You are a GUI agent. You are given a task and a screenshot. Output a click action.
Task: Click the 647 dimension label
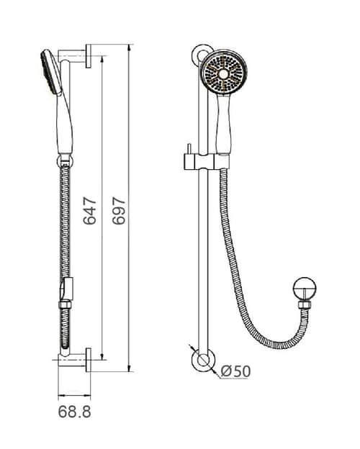pos(90,211)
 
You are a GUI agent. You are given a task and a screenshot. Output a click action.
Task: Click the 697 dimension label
pos(119,211)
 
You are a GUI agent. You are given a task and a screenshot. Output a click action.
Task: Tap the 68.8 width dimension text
pos(75,412)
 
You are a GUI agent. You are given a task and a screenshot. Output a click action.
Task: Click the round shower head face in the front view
pos(224,72)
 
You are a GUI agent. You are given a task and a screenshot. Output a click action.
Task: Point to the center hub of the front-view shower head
pos(224,74)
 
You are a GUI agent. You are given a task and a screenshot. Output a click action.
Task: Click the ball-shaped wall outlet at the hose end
pos(305,289)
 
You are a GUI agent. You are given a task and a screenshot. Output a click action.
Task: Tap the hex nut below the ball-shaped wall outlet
pos(304,304)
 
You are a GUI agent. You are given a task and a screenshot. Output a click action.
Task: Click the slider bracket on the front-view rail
pos(207,162)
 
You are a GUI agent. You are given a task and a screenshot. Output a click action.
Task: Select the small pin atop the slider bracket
pos(189,149)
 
